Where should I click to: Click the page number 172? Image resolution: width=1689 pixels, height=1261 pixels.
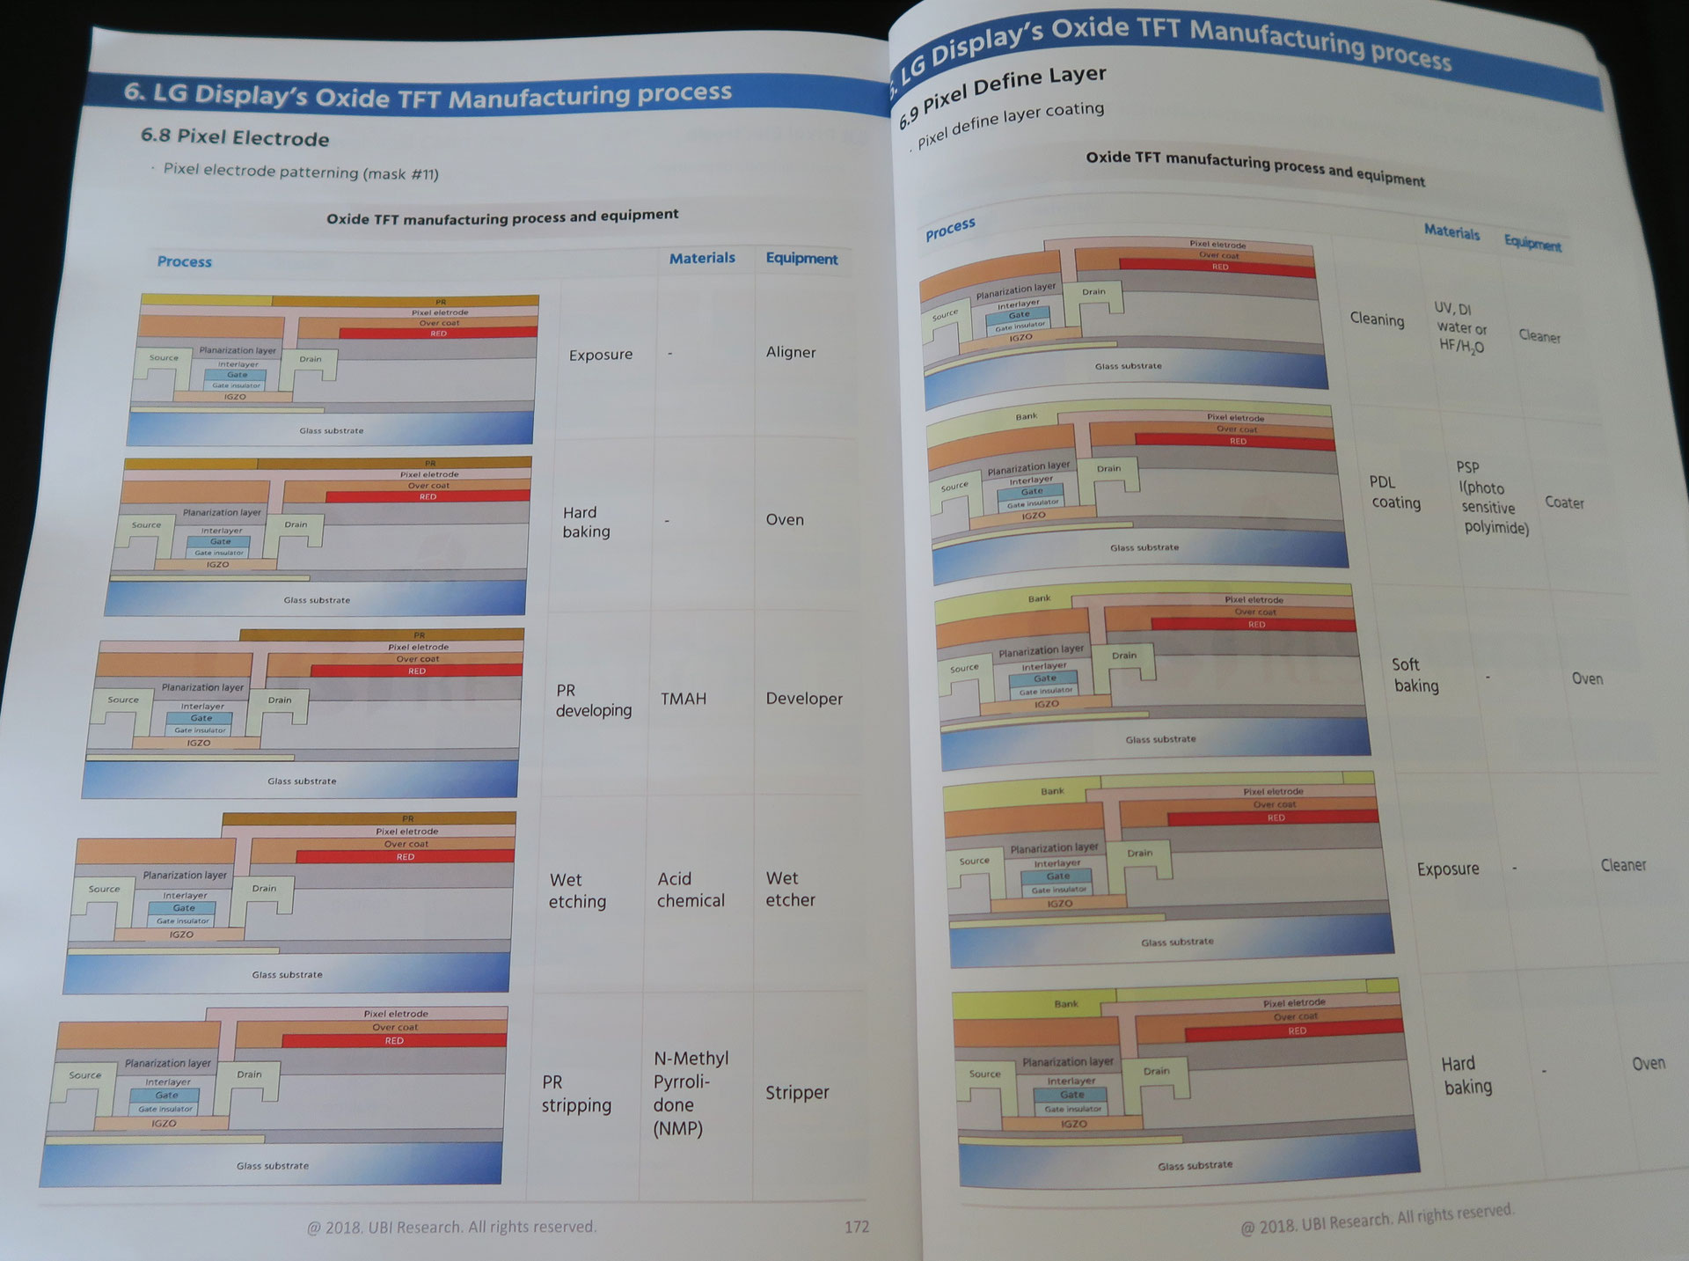pos(856,1227)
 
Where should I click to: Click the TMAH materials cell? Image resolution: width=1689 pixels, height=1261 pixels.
pos(684,699)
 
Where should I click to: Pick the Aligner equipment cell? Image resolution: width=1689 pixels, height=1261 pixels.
pos(791,352)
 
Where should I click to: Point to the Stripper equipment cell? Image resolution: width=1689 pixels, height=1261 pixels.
pos(797,1093)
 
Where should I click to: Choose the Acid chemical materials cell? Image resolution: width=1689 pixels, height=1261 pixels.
pos(691,890)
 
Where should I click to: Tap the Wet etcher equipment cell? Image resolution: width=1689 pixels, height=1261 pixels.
pos(790,889)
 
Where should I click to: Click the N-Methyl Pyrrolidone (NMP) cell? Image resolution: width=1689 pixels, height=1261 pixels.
pos(691,1094)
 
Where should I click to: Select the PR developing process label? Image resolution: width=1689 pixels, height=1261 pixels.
pos(593,700)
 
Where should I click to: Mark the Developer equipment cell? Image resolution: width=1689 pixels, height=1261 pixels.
pos(804,699)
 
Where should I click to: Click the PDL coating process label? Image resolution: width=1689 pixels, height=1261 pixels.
pos(1395,493)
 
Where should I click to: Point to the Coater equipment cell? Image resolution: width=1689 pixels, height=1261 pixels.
pos(1564,502)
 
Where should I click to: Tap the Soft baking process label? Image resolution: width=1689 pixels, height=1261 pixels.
pos(1415,675)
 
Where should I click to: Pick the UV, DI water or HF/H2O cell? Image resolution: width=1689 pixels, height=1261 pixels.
pos(1460,327)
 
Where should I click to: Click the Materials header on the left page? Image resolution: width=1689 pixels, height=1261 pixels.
pos(702,258)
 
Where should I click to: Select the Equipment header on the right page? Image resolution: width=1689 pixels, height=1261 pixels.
pos(1532,242)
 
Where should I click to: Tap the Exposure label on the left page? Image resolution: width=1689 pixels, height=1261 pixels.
pos(601,355)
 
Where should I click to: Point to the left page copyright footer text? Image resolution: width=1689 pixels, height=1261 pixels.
pos(451,1227)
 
